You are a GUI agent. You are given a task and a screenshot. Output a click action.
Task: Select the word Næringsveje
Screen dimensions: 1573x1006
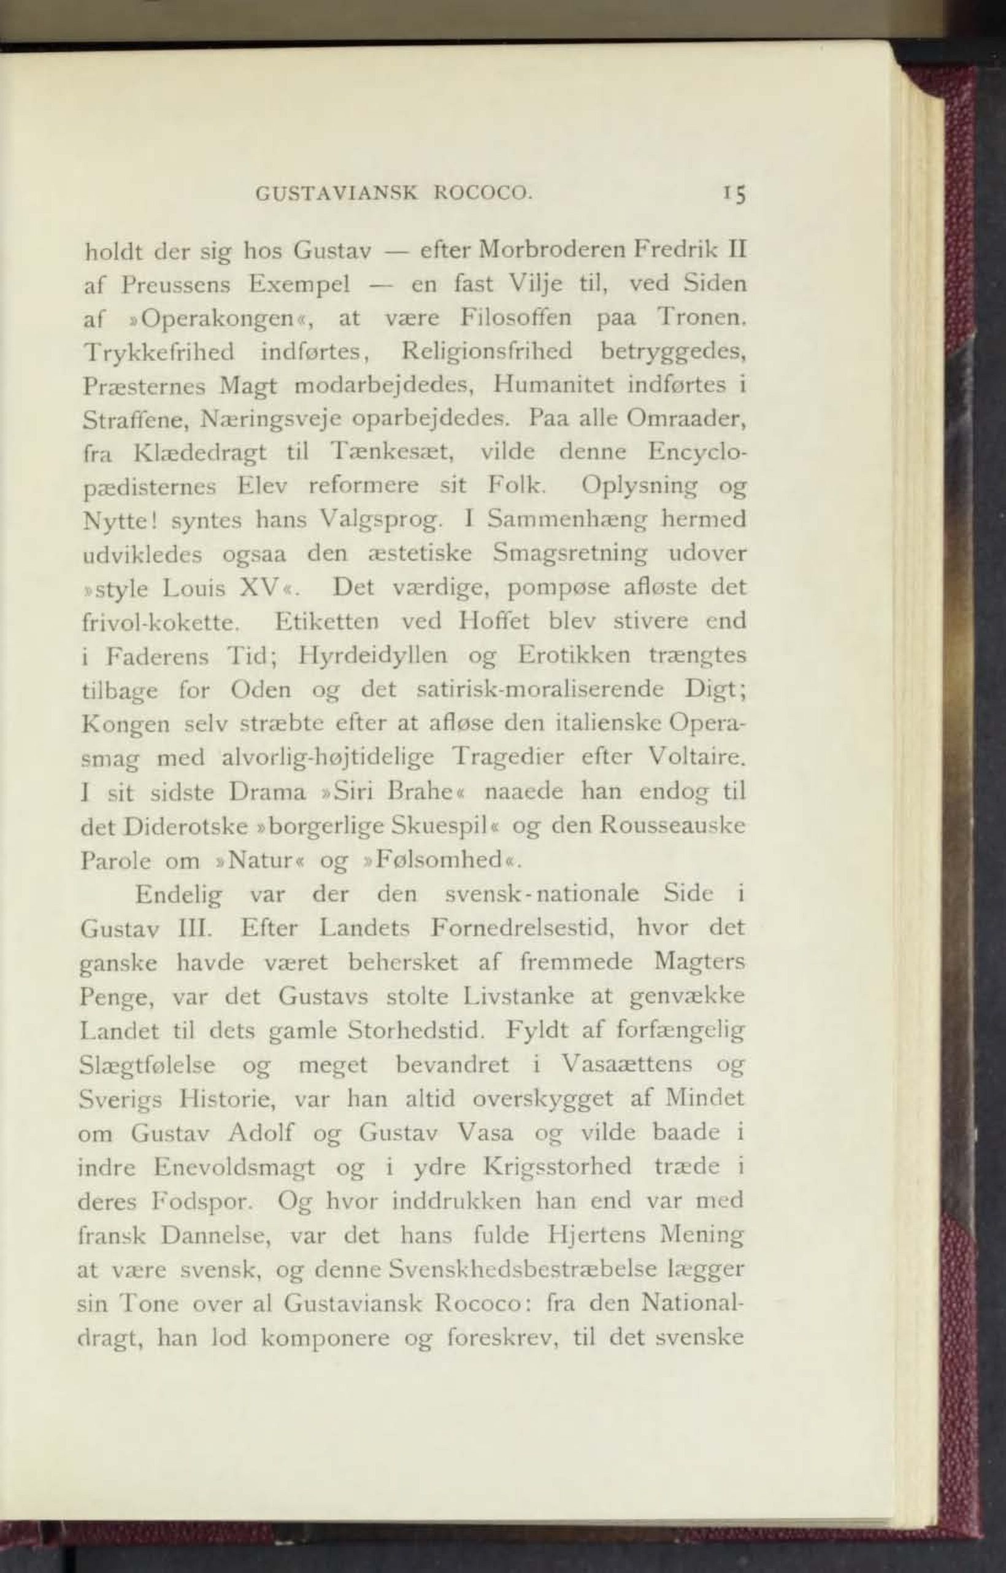point(269,420)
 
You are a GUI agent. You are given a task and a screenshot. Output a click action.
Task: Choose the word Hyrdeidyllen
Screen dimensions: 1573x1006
point(372,655)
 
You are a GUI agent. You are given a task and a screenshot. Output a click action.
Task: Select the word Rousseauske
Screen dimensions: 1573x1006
point(672,826)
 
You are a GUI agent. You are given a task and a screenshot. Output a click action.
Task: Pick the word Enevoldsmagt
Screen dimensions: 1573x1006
point(233,1167)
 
